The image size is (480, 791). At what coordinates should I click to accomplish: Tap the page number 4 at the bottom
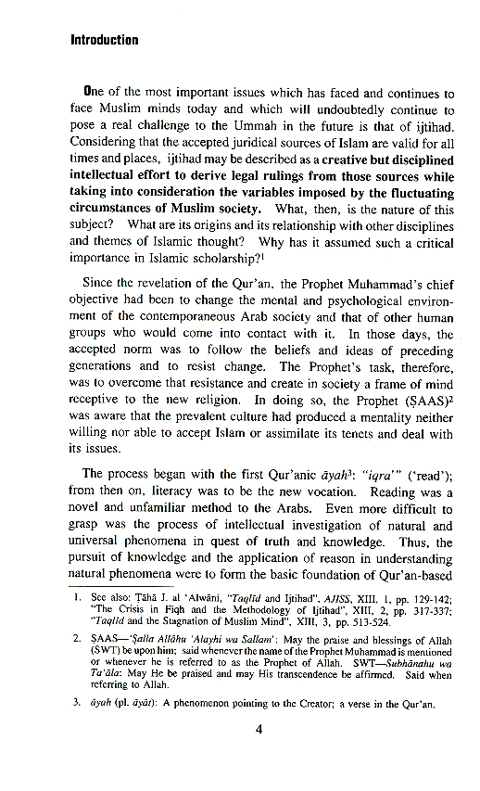click(260, 753)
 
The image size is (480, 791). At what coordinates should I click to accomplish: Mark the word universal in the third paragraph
click(100, 524)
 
